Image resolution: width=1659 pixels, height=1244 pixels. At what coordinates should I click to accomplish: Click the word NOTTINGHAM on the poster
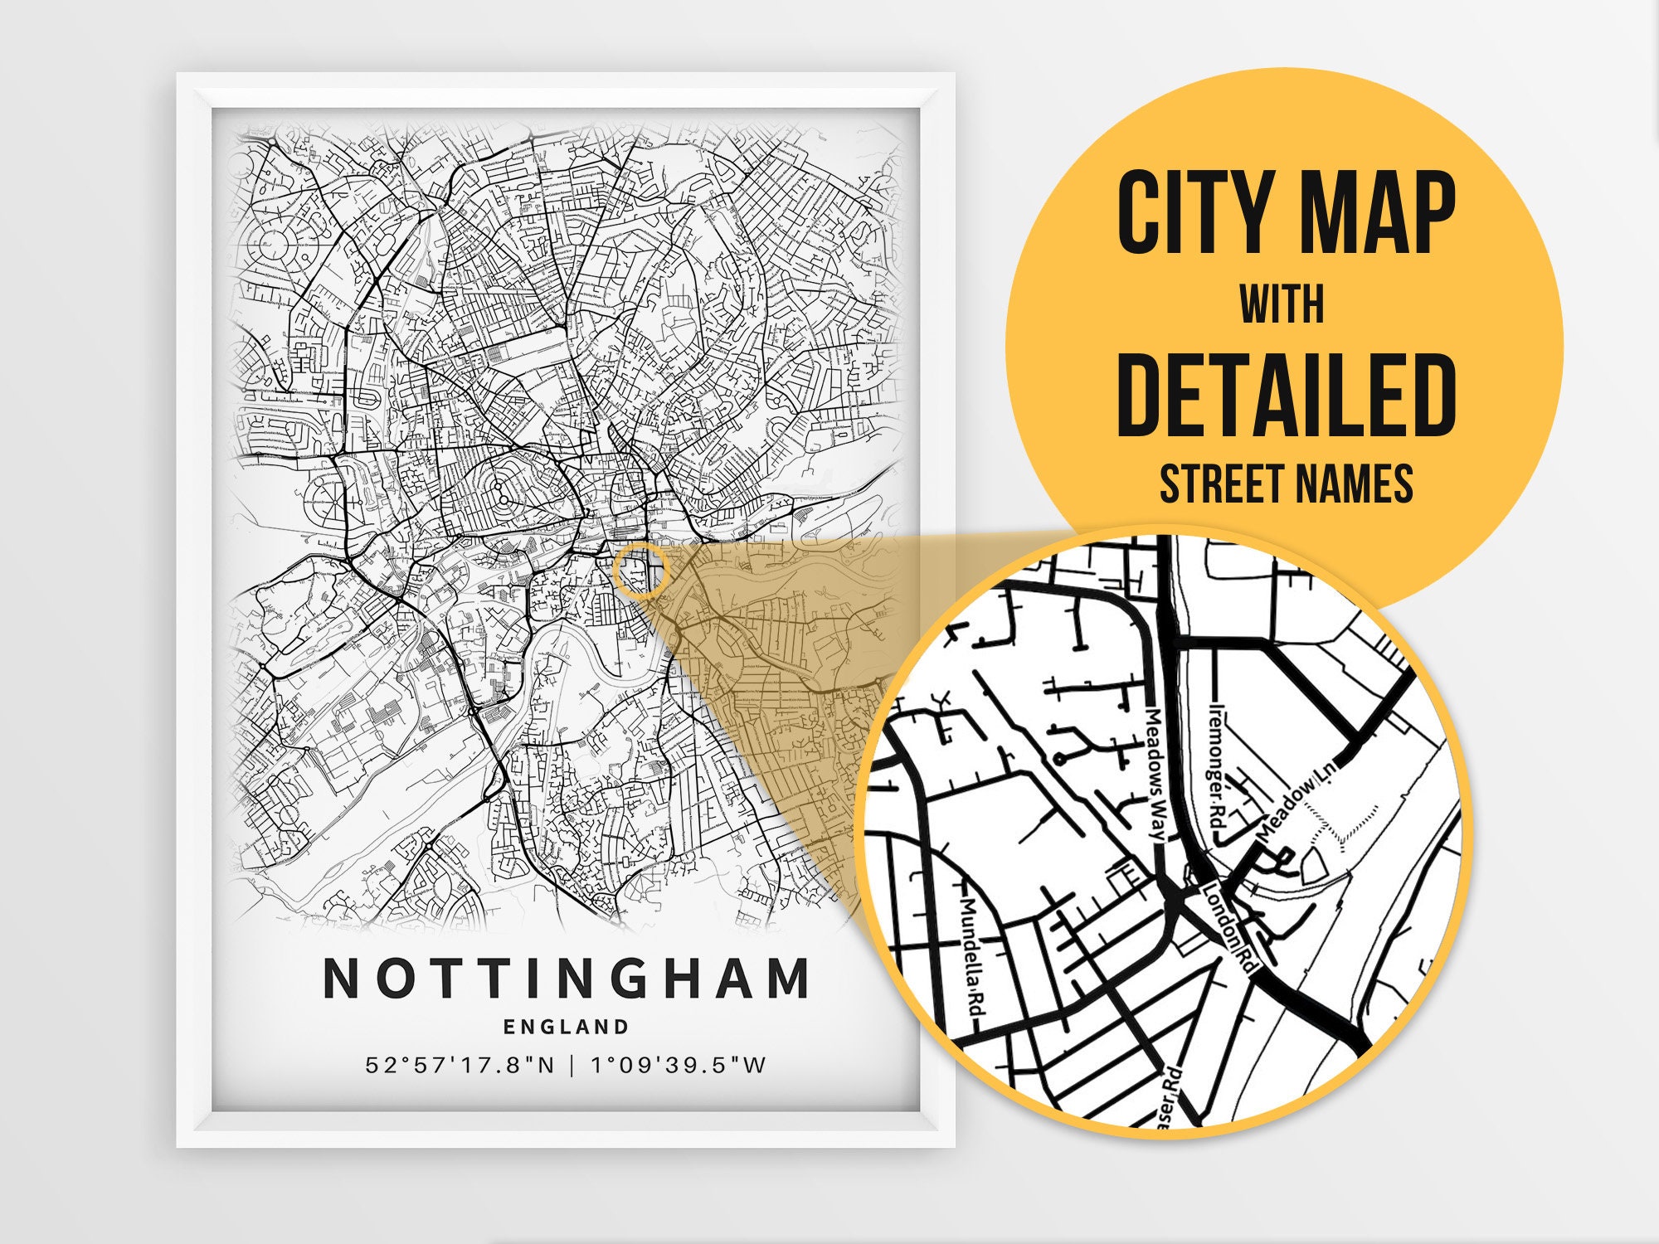(x=567, y=979)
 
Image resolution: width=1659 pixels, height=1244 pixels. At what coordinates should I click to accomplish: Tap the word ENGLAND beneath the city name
(x=567, y=1027)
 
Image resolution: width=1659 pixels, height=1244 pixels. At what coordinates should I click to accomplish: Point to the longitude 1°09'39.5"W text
(x=679, y=1065)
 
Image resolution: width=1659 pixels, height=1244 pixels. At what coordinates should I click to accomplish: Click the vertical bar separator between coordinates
(x=572, y=1065)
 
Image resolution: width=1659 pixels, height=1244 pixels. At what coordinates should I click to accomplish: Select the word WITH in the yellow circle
(x=1282, y=304)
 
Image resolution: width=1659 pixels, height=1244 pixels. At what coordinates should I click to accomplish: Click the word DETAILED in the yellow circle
(x=1285, y=396)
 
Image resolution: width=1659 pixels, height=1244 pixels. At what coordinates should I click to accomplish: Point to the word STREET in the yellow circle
(x=1219, y=484)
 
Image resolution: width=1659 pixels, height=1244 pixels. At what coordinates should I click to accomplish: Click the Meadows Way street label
(x=1156, y=775)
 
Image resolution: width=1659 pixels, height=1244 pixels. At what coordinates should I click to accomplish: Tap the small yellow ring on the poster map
(x=640, y=571)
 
